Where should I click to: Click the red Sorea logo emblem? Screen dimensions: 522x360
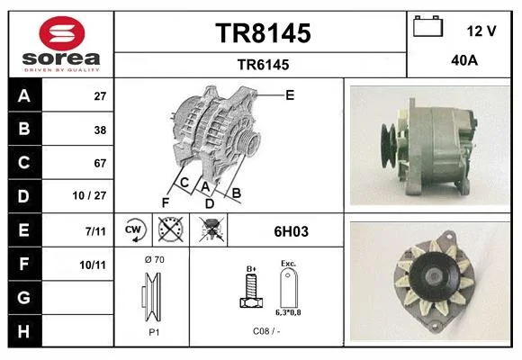[x=62, y=33]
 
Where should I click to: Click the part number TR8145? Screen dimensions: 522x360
[x=263, y=33]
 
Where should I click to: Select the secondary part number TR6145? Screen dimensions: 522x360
[x=263, y=65]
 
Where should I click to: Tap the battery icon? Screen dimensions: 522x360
[x=427, y=26]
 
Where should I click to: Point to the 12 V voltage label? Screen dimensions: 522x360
[x=481, y=31]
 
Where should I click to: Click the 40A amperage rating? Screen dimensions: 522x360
[x=464, y=60]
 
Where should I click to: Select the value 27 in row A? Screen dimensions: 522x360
[x=100, y=96]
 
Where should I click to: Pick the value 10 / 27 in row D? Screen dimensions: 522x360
[x=89, y=195]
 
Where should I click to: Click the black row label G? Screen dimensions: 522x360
[x=24, y=297]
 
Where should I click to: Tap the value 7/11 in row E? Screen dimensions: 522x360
[x=95, y=231]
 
